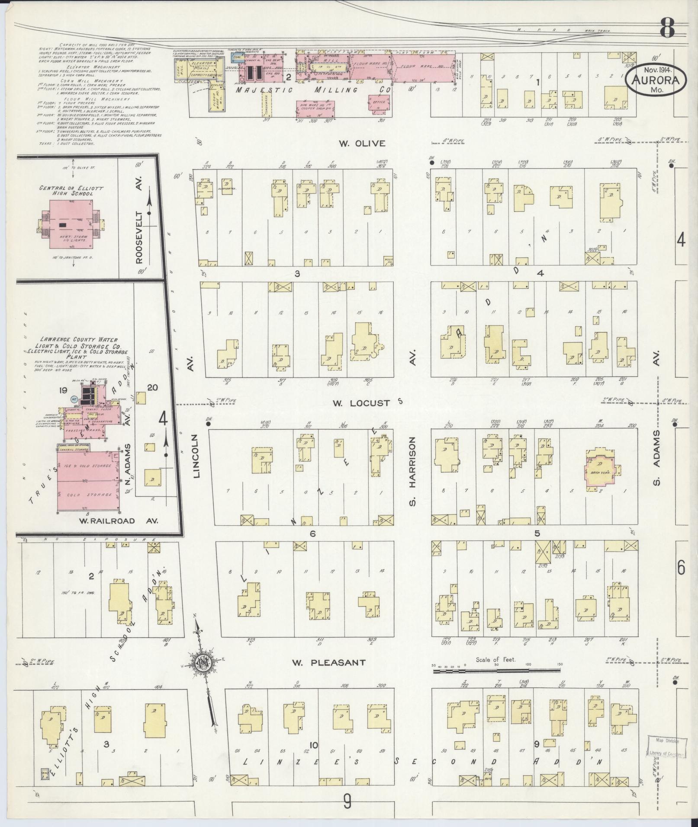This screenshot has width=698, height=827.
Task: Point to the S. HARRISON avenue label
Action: pos(412,471)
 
